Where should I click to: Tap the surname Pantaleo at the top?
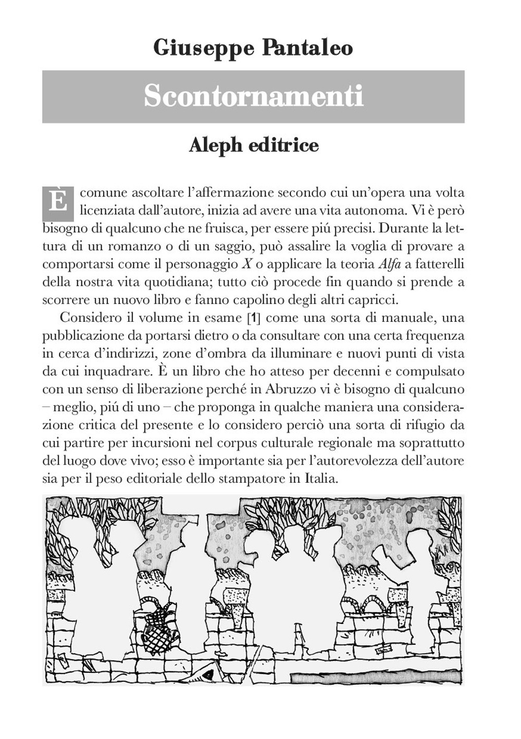(307, 48)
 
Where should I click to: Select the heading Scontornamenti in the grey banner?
(253, 96)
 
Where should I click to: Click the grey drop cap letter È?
(58, 202)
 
